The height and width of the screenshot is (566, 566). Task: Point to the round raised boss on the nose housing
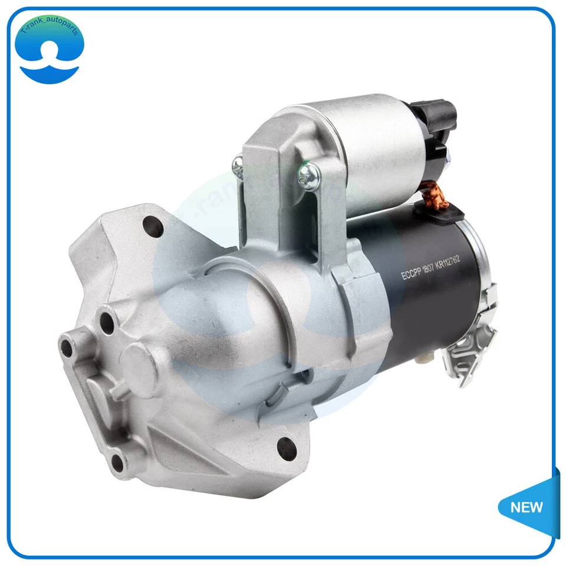pos(139,361)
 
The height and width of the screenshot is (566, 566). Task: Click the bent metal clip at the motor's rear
pos(472,348)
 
